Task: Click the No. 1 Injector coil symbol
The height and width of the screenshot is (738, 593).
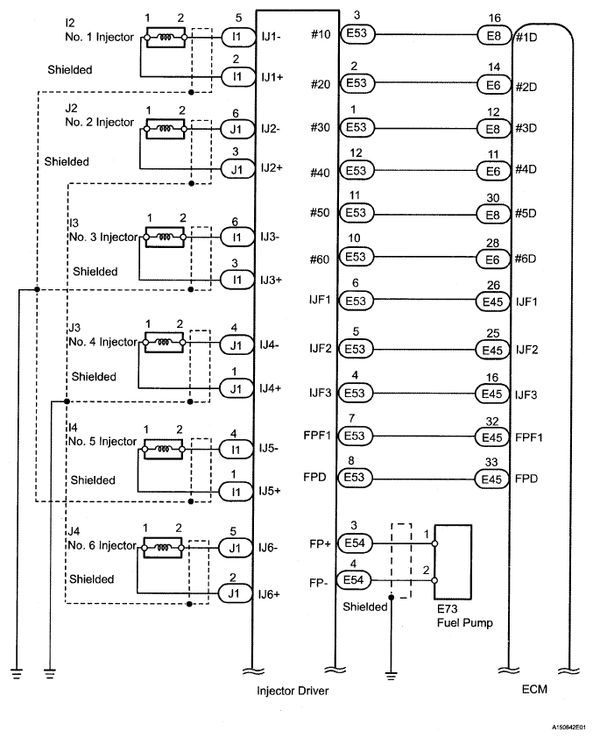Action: [x=166, y=37]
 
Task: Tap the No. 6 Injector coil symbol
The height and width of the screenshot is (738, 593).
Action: [x=162, y=548]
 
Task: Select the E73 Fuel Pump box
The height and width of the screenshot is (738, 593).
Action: [x=452, y=562]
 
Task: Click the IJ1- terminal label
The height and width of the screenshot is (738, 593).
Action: [x=272, y=36]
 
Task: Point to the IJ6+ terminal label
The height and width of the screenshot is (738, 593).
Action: [x=269, y=594]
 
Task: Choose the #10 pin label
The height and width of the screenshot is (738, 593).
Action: [x=321, y=34]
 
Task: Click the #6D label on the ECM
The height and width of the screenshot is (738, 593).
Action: [x=526, y=259]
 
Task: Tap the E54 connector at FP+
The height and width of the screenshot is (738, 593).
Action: [x=355, y=543]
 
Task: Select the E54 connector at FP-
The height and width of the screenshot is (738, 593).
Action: [x=354, y=580]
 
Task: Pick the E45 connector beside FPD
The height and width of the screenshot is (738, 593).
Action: [x=491, y=479]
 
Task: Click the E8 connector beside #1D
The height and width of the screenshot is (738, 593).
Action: [x=494, y=35]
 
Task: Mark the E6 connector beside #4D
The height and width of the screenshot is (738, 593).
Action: [x=493, y=171]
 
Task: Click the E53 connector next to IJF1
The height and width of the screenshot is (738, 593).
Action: [x=355, y=301]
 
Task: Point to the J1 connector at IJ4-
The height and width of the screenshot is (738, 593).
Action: [x=236, y=345]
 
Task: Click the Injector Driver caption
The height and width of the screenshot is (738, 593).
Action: [x=293, y=691]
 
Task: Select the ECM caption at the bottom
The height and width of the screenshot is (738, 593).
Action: [x=534, y=689]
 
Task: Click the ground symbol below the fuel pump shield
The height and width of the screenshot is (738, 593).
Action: [x=391, y=676]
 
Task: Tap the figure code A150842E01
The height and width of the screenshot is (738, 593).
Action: [x=569, y=727]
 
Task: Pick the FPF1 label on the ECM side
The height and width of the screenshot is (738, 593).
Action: [x=529, y=437]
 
